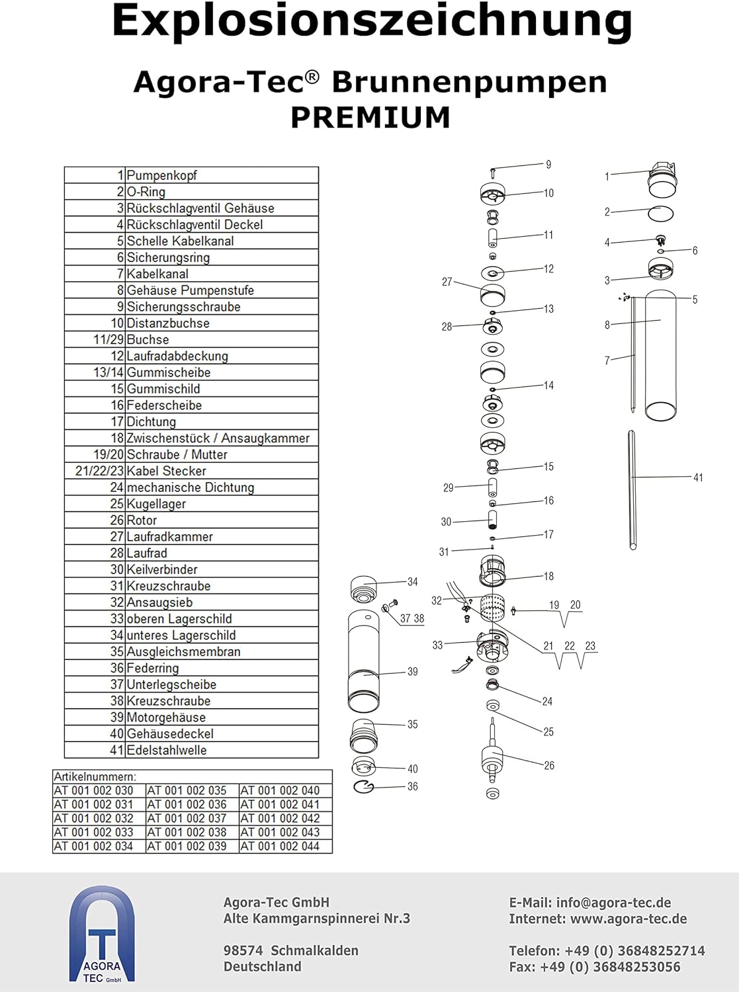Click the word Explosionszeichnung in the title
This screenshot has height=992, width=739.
[x=372, y=21]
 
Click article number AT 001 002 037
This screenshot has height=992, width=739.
[x=187, y=818]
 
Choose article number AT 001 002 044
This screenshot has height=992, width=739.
[x=280, y=846]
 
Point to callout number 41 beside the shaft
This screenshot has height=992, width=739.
[x=698, y=477]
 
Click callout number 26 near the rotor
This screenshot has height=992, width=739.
[x=549, y=766]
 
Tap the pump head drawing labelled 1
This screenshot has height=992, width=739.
[x=662, y=180]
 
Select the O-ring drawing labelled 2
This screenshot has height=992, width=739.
[x=660, y=214]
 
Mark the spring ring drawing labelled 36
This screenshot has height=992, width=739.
[x=364, y=786]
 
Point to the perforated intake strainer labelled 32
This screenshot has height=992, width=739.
[x=492, y=608]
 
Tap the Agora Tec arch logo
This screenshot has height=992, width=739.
[x=102, y=934]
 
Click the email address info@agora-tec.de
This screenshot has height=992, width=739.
[x=613, y=903]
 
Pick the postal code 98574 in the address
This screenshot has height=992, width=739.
[x=243, y=950]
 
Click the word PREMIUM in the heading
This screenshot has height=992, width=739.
[x=370, y=118]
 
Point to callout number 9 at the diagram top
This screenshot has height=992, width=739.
[x=548, y=165]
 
